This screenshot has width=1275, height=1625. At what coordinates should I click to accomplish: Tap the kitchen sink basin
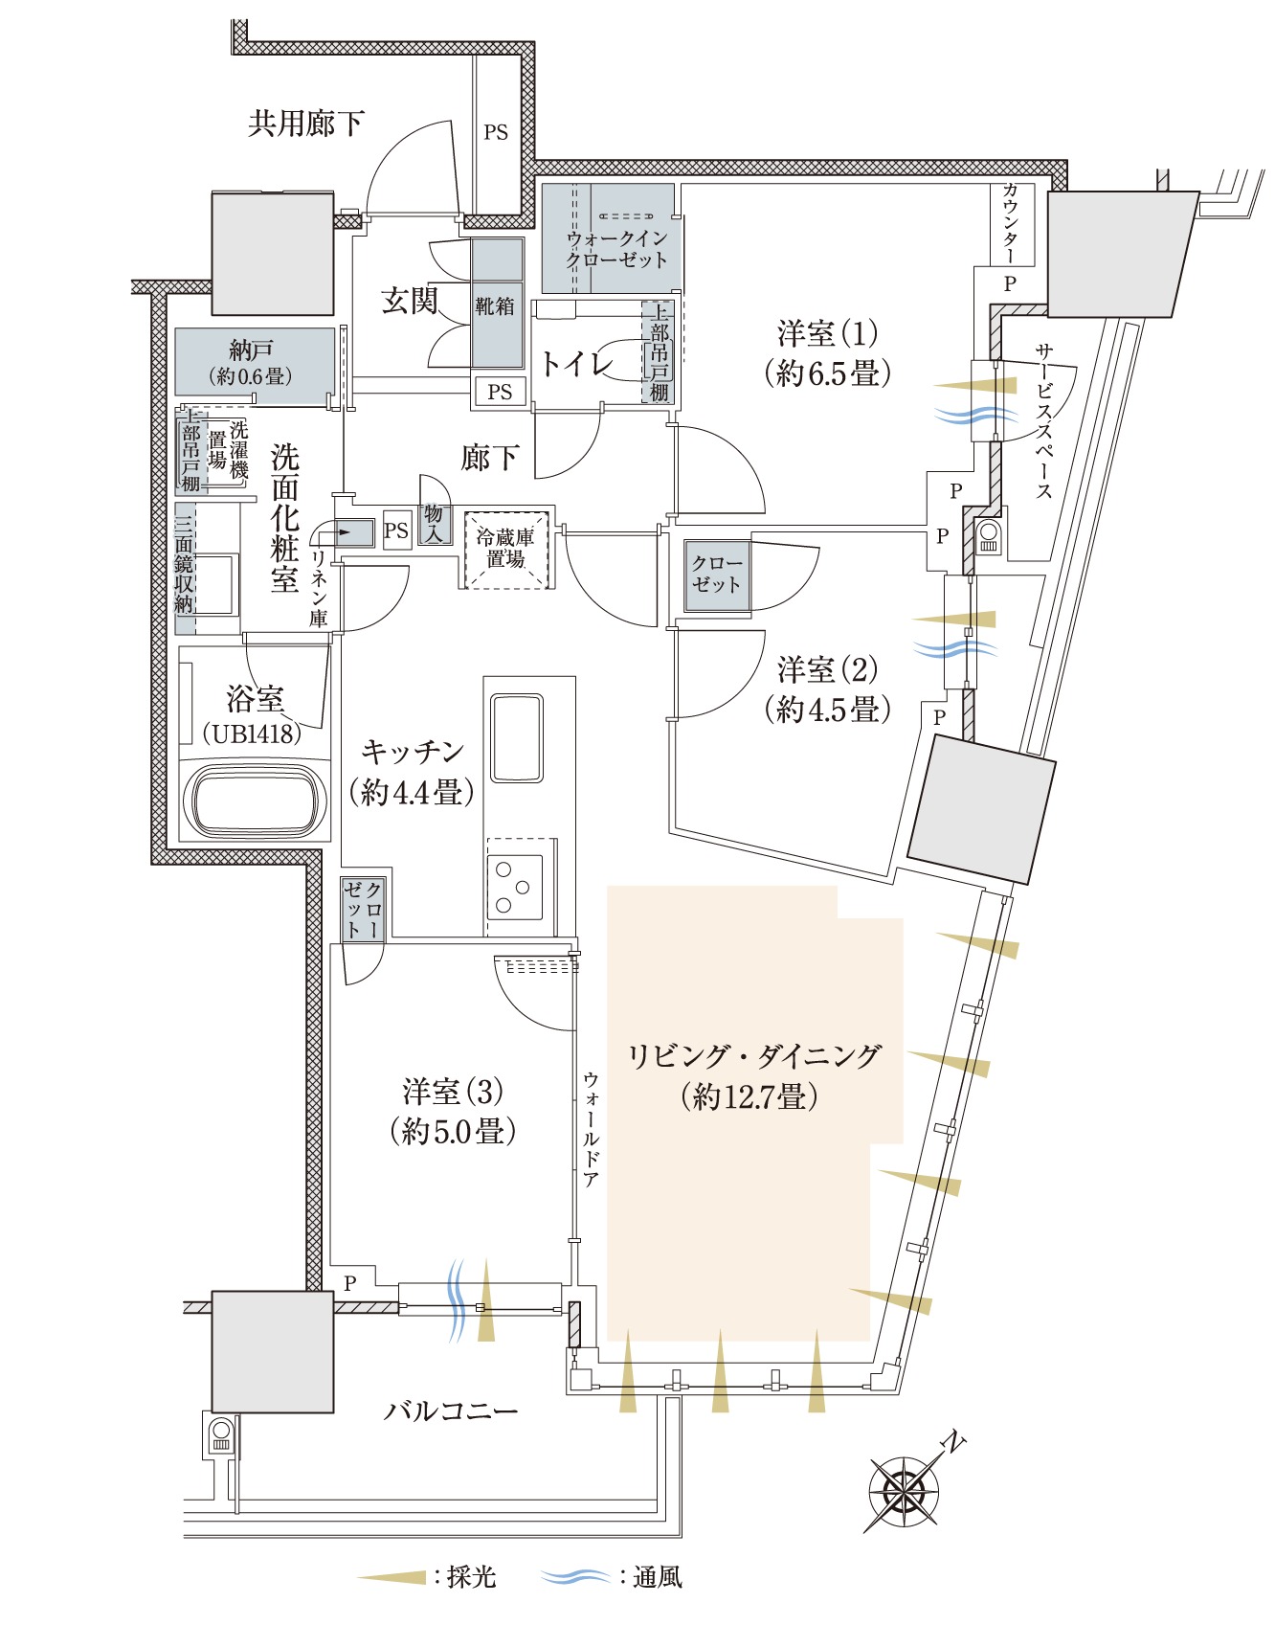pyautogui.click(x=517, y=738)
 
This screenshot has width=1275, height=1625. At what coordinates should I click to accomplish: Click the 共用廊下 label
pyautogui.click(x=305, y=124)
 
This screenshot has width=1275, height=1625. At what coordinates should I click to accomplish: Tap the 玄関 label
pyautogui.click(x=409, y=301)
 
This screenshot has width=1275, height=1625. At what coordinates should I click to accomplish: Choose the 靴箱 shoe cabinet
pyautogui.click(x=496, y=306)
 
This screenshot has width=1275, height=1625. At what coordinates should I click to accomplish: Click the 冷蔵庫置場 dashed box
pyautogui.click(x=506, y=550)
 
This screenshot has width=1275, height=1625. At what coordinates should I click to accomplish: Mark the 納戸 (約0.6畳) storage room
pyautogui.click(x=254, y=362)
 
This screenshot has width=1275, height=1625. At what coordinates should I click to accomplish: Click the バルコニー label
pyautogui.click(x=450, y=1411)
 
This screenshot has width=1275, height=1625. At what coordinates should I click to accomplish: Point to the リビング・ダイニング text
pyautogui.click(x=753, y=1056)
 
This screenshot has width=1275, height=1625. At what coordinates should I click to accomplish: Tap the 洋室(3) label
pyautogui.click(x=453, y=1092)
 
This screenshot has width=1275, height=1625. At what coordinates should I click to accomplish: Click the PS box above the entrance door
pyautogui.click(x=496, y=132)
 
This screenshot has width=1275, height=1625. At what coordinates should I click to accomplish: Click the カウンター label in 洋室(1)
pyautogui.click(x=1011, y=223)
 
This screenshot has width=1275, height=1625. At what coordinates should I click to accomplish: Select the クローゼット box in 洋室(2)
pyautogui.click(x=716, y=574)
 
